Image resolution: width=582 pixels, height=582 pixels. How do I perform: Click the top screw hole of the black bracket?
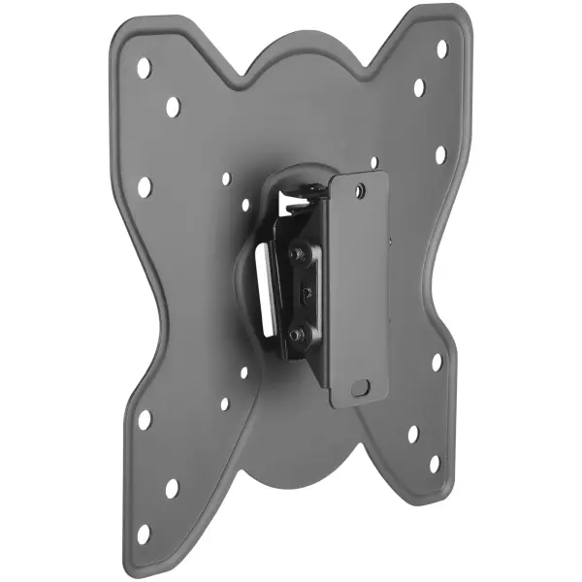(360, 192)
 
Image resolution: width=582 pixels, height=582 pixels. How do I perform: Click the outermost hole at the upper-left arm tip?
(144, 68)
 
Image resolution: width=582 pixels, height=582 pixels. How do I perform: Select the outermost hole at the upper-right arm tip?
(441, 48)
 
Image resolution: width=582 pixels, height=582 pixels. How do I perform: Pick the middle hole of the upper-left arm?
(173, 106)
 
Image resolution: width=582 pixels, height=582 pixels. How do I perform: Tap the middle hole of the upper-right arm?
(419, 87)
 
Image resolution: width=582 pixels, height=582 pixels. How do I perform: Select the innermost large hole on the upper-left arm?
(145, 186)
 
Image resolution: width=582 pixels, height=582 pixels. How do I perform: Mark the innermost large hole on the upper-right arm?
(440, 155)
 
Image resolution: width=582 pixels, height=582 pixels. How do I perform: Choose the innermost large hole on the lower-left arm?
(145, 419)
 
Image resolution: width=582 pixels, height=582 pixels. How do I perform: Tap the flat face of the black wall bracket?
(359, 291)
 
